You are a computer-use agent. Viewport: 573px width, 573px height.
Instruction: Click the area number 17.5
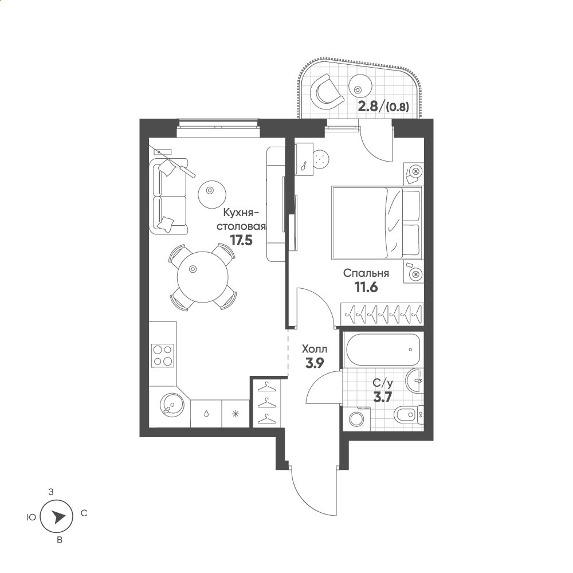(241, 240)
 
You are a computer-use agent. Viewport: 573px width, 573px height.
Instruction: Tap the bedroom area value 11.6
(366, 287)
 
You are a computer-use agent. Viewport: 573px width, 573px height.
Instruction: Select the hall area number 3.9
(315, 363)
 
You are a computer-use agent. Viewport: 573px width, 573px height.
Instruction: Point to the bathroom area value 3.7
(383, 397)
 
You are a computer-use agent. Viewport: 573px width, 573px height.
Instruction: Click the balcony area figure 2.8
(368, 107)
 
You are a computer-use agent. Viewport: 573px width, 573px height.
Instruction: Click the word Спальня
(366, 273)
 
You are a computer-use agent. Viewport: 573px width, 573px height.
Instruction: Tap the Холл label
(315, 349)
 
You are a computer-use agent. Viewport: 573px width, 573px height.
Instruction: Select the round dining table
(202, 277)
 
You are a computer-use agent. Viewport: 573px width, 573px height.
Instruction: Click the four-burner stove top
(163, 356)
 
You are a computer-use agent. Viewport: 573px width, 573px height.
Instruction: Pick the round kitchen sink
(172, 405)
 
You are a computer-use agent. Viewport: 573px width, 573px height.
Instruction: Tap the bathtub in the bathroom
(383, 350)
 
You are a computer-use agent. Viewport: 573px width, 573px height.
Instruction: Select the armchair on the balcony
(327, 92)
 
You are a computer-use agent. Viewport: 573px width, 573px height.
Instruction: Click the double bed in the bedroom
(377, 223)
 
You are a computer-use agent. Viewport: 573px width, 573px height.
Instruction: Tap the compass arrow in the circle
(58, 517)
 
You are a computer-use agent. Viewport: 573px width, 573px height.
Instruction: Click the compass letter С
(84, 513)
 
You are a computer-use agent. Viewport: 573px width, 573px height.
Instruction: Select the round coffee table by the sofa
(212, 194)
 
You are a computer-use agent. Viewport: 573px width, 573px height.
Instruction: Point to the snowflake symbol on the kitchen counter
(236, 414)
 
